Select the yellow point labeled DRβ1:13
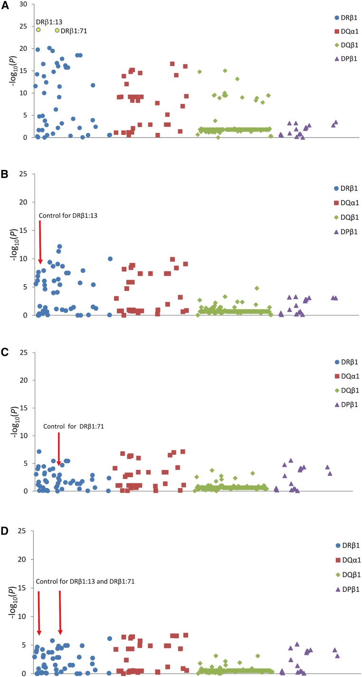pos(38,30)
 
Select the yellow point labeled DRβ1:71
pos(57,30)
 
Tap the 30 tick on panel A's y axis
pos(24,4)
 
